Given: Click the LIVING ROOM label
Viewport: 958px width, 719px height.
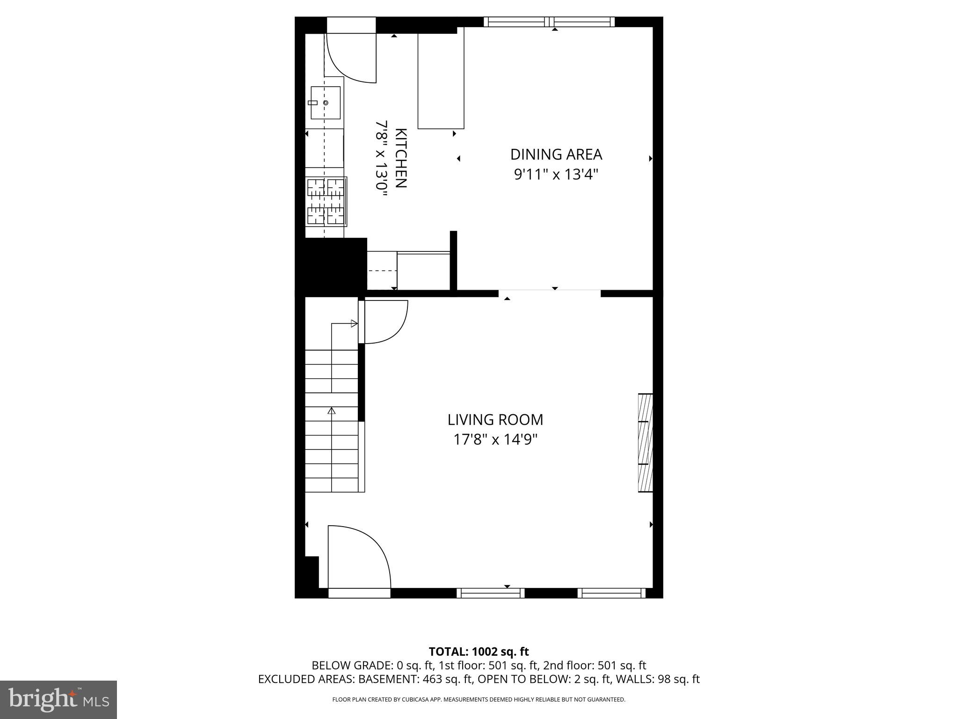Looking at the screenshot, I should pos(495,419).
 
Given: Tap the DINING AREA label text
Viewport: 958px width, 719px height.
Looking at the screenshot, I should pos(556,154).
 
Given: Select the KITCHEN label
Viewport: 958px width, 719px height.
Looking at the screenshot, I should pos(401,158).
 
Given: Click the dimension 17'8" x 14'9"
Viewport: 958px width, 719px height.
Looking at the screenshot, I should pos(495,440).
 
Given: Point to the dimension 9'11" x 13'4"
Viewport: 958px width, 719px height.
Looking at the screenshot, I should pos(556,175).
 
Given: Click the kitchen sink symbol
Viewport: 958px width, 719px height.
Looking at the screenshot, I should pos(326,103).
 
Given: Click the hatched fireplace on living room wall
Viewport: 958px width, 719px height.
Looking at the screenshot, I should pos(646,443).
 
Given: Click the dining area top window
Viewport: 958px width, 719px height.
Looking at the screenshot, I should pos(549,22).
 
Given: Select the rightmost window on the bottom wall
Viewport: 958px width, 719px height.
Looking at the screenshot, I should pos(611,593).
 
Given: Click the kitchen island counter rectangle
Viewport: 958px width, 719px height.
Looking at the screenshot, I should pos(441,78).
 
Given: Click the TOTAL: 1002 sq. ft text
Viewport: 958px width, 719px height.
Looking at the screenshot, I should pos(479,651).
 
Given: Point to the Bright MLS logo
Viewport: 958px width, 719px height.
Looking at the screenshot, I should pos(58,699).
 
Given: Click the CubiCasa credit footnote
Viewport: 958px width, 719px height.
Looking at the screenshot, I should pos(479,699).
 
